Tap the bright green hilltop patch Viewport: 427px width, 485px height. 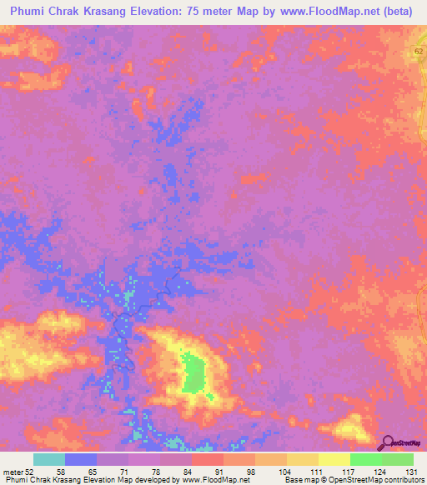194,372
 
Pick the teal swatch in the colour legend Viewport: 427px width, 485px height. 49,459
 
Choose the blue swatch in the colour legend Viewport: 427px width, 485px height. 81,459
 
